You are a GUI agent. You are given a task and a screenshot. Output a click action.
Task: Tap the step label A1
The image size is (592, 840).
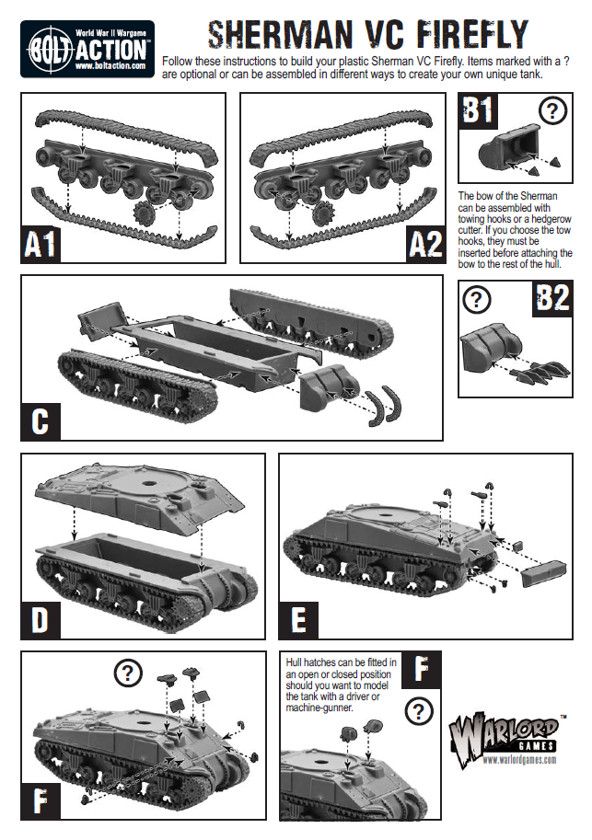pyautogui.click(x=41, y=244)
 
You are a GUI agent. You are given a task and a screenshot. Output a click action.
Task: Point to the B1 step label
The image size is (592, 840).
pyautogui.click(x=479, y=111)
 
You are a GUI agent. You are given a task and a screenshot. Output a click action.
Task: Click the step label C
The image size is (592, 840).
pyautogui.click(x=40, y=420)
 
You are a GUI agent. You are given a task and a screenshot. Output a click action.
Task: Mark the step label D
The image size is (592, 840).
pyautogui.click(x=40, y=618)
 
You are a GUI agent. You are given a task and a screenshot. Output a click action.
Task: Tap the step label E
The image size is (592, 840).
pyautogui.click(x=297, y=618)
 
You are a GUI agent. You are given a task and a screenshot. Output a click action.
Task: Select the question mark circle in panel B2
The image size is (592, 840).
pyautogui.click(x=476, y=300)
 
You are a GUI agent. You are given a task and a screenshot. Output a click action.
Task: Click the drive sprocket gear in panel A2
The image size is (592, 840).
pyautogui.click(x=322, y=214)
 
